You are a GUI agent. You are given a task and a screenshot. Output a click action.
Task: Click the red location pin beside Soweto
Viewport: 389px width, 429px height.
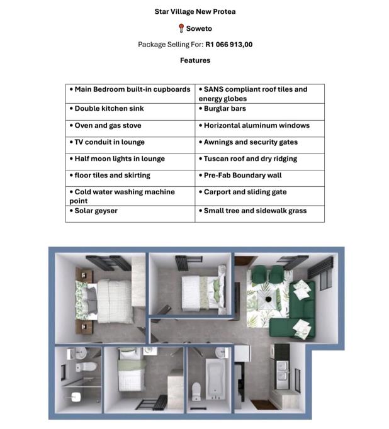[181, 28]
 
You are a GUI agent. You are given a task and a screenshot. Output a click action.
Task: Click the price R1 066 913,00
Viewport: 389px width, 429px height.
[228, 45]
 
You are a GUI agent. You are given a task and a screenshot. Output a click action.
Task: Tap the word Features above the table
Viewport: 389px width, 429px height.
[195, 60]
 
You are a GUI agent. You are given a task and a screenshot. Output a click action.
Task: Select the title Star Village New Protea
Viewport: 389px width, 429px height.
[195, 11]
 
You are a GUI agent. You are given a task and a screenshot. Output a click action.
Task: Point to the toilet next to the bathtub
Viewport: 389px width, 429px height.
[196, 390]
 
